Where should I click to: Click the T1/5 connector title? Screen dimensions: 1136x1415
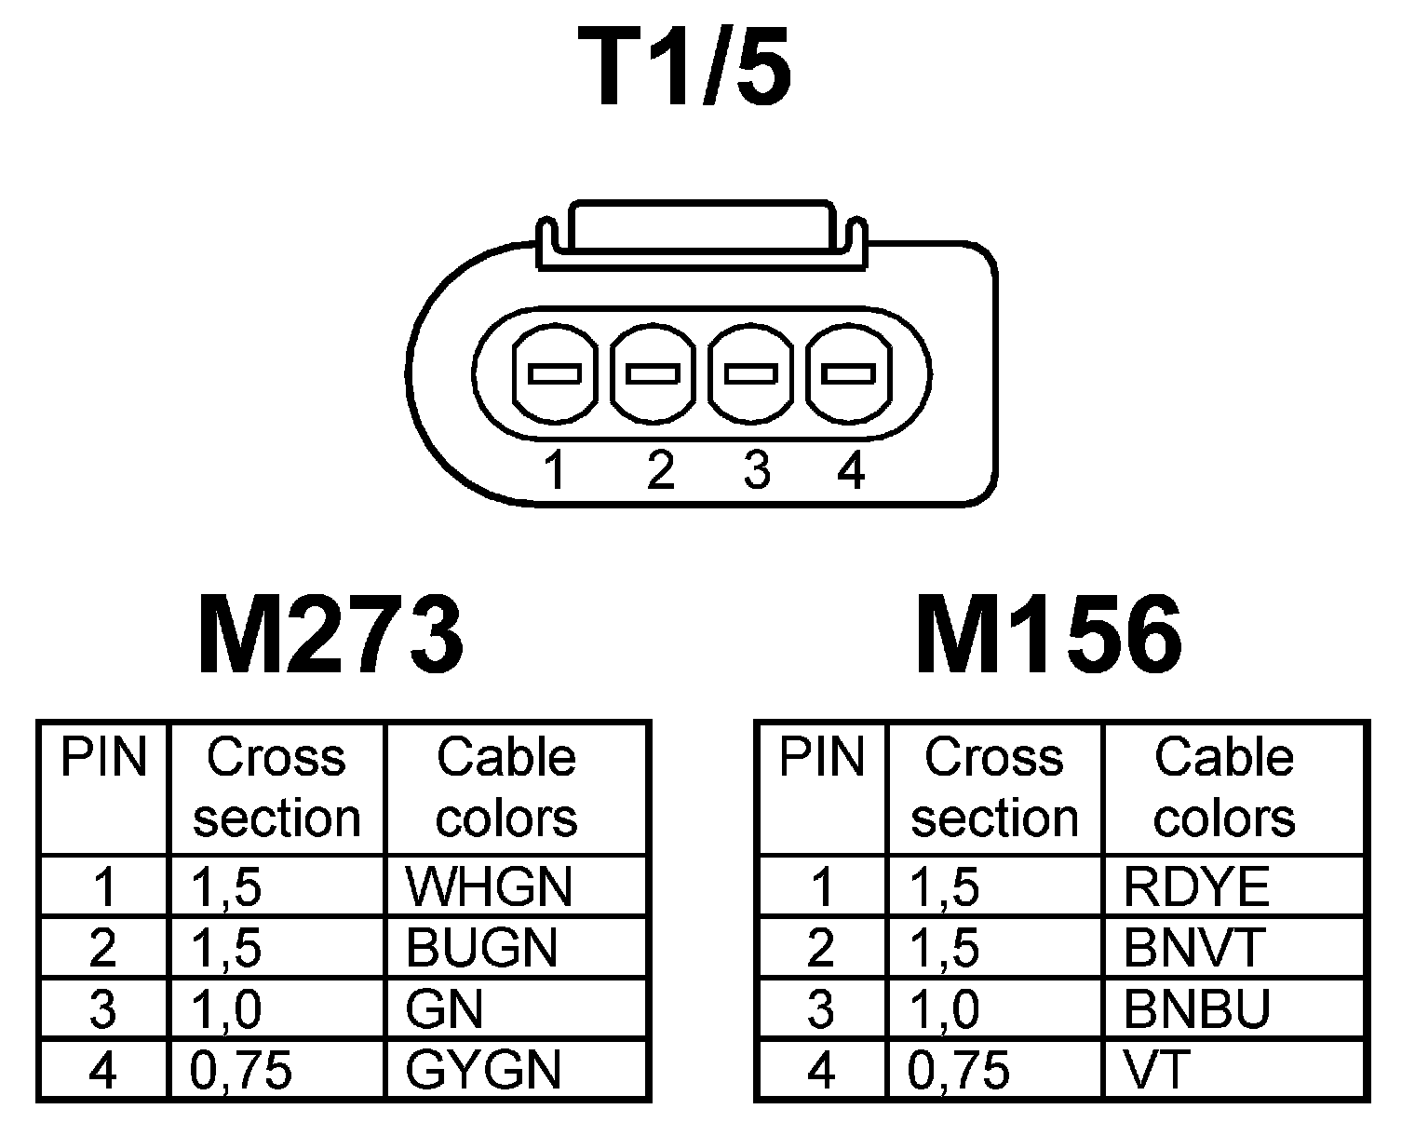tap(685, 67)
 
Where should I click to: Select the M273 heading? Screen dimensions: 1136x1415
tap(330, 635)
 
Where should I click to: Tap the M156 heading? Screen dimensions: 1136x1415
tap(1048, 635)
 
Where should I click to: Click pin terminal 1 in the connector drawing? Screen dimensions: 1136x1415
tap(555, 374)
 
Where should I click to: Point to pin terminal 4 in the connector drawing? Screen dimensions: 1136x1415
tap(848, 374)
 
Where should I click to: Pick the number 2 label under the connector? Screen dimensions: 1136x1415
tap(659, 470)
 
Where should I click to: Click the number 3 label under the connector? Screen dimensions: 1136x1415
tap(757, 470)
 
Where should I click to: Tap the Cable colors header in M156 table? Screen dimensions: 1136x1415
tap(1223, 788)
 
